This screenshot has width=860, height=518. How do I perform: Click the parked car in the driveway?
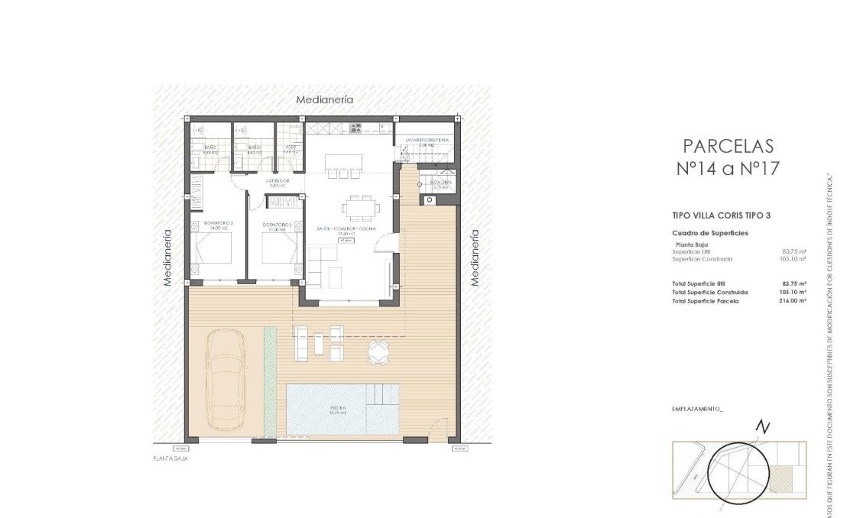(x=226, y=379)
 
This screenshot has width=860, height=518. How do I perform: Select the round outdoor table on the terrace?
(x=378, y=351)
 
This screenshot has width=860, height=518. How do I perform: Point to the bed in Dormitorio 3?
(x=277, y=247)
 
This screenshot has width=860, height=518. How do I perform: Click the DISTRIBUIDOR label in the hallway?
(x=275, y=182)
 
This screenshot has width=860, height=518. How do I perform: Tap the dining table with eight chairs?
(x=359, y=206)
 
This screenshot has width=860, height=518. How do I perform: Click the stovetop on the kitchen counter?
(x=355, y=128)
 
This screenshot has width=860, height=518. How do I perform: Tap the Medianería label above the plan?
(x=325, y=100)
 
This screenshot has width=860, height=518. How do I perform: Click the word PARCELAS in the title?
(x=728, y=146)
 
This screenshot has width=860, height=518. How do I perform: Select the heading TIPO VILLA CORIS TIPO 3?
(x=721, y=215)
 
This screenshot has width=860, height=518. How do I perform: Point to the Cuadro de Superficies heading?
(x=709, y=233)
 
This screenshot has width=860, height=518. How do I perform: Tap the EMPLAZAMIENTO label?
(x=696, y=410)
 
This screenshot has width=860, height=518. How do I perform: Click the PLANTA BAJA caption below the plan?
(x=170, y=459)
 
